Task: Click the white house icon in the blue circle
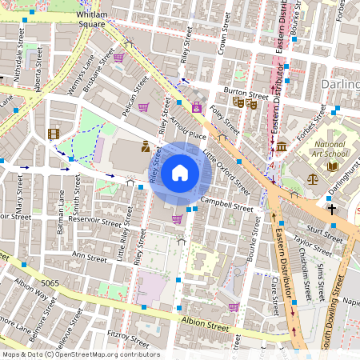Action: tap(180, 173)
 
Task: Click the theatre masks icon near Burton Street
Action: tap(244, 102)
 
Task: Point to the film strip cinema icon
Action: tap(54, 134)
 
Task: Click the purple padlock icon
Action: tap(197, 106)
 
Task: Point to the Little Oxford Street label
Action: tap(226, 170)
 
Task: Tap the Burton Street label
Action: tap(246, 94)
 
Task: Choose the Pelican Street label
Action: tap(136, 97)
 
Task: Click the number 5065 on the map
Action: tap(50, 283)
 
